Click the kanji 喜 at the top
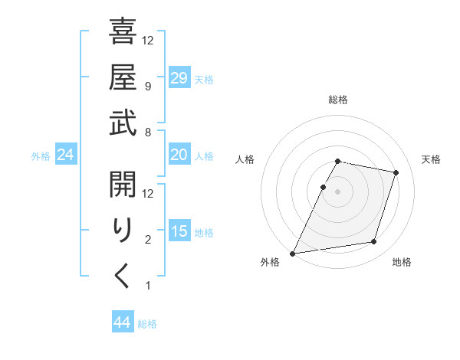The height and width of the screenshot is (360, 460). tap(123, 31)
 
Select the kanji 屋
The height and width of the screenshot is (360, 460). tap(123, 77)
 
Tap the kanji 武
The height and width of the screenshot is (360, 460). tap(123, 123)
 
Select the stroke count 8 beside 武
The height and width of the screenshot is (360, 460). tap(147, 133)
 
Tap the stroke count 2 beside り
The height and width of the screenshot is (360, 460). tap(147, 241)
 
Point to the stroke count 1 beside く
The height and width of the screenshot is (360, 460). tap(147, 286)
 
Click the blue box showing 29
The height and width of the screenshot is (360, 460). tap(179, 78)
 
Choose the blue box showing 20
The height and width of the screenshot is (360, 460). tap(179, 155)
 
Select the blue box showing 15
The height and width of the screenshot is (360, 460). tap(179, 231)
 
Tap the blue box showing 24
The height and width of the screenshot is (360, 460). tap(66, 155)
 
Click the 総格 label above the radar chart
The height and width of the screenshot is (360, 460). tap(338, 100)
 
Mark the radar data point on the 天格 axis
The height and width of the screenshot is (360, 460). tap(396, 173)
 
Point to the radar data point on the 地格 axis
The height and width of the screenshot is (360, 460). tap(374, 242)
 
